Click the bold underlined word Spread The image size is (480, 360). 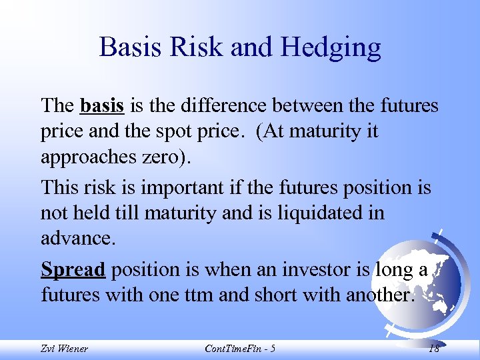(x=73, y=270)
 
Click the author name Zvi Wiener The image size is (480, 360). (x=65, y=349)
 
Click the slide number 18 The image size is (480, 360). (x=434, y=349)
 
